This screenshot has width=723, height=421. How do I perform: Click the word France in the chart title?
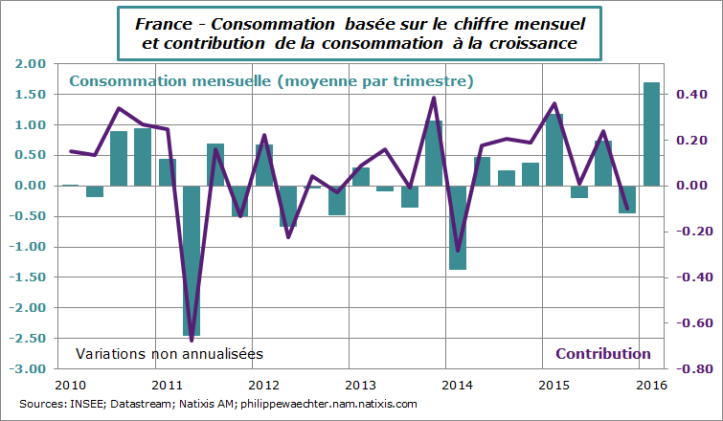pos(162,21)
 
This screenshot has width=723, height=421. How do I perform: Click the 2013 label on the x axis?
pos(360,385)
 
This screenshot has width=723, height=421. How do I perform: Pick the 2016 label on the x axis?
pos(651,385)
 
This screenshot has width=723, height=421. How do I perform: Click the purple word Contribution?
pos(603,353)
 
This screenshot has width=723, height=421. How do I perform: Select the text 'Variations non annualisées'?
pos(169,353)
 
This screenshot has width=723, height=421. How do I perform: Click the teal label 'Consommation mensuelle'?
pos(169,82)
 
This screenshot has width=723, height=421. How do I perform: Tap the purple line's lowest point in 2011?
pos(192,341)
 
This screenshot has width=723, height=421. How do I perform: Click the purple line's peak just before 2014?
pos(434,98)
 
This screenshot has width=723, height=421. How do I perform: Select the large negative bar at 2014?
pos(458,228)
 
